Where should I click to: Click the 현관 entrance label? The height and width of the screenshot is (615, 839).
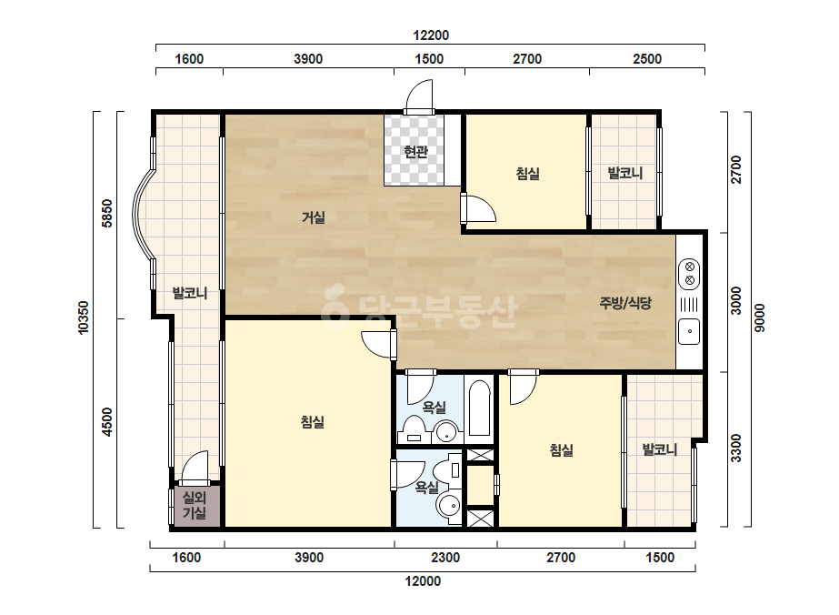pyautogui.click(x=415, y=152)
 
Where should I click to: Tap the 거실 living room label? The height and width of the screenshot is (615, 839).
pyautogui.click(x=314, y=217)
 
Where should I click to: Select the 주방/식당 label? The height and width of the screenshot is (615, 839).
pyautogui.click(x=625, y=303)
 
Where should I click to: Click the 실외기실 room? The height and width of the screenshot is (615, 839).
pyautogui.click(x=195, y=506)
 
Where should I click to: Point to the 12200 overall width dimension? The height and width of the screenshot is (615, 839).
pyautogui.click(x=431, y=35)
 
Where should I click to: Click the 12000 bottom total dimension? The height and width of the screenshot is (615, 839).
pyautogui.click(x=423, y=581)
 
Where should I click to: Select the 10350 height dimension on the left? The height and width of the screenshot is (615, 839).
pyautogui.click(x=84, y=318)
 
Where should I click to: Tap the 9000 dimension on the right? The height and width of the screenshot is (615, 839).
pyautogui.click(x=760, y=318)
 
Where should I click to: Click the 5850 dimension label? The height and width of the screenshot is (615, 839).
pyautogui.click(x=107, y=214)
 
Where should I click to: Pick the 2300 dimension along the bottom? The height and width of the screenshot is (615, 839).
pyautogui.click(x=445, y=558)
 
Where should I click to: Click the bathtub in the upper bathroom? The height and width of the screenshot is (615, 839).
pyautogui.click(x=479, y=408)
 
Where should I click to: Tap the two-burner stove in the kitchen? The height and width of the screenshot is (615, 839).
pyautogui.click(x=690, y=273)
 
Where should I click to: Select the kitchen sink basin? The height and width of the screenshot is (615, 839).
pyautogui.click(x=689, y=331)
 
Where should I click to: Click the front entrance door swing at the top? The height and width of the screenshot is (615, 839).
pyautogui.click(x=419, y=96)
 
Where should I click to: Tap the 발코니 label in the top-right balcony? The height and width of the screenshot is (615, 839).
pyautogui.click(x=625, y=173)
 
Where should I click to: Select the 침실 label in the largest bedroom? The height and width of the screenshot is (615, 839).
pyautogui.click(x=313, y=422)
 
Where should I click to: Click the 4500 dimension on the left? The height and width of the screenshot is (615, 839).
pyautogui.click(x=107, y=422)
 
